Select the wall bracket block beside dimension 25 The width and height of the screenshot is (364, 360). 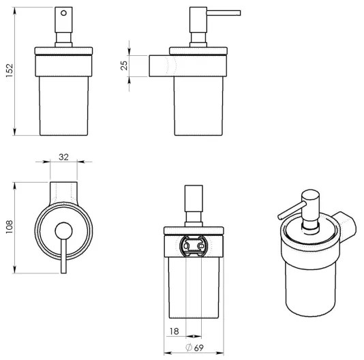pyautogui.click(x=161, y=65)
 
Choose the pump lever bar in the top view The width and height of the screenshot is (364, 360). pyautogui.click(x=64, y=256)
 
